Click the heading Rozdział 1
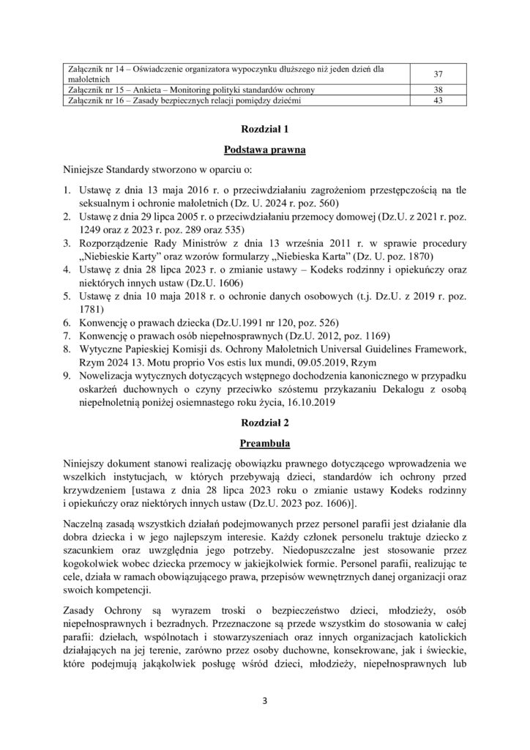point(265,130)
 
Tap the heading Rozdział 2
point(265,423)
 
